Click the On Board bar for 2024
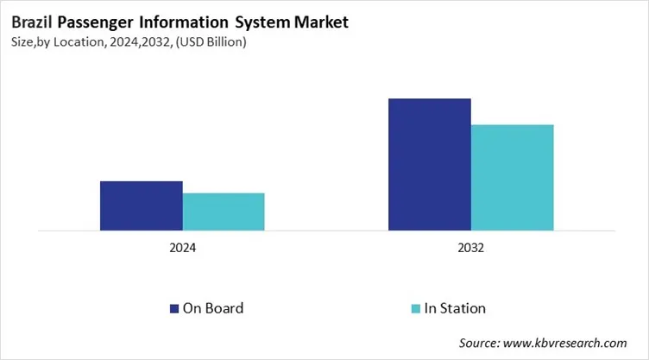pos(141,205)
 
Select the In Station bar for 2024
pos(224,212)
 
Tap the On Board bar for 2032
pos(429,164)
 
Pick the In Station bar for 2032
pos(512,177)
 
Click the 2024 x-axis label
pos(182,248)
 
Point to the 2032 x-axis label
pos(470,248)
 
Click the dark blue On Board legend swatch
pos(173,308)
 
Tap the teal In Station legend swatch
pos(414,308)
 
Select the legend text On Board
pos(212,308)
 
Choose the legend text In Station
pos(455,308)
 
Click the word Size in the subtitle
pos(23,42)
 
